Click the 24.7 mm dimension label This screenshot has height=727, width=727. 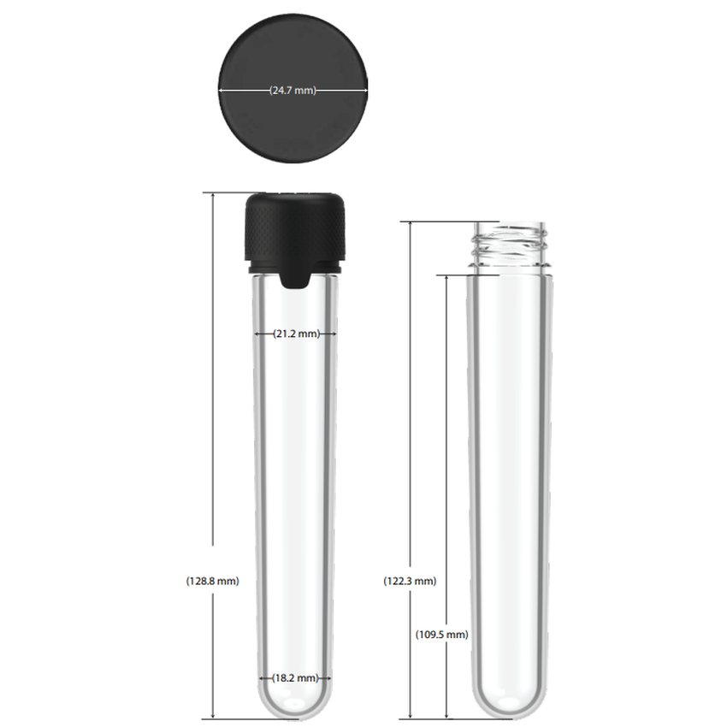click(293, 90)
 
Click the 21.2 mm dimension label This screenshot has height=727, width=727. click(296, 334)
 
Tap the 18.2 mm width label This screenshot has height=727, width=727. click(296, 677)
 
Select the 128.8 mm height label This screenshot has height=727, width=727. click(212, 581)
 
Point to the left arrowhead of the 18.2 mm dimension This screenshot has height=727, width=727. click(263, 677)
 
